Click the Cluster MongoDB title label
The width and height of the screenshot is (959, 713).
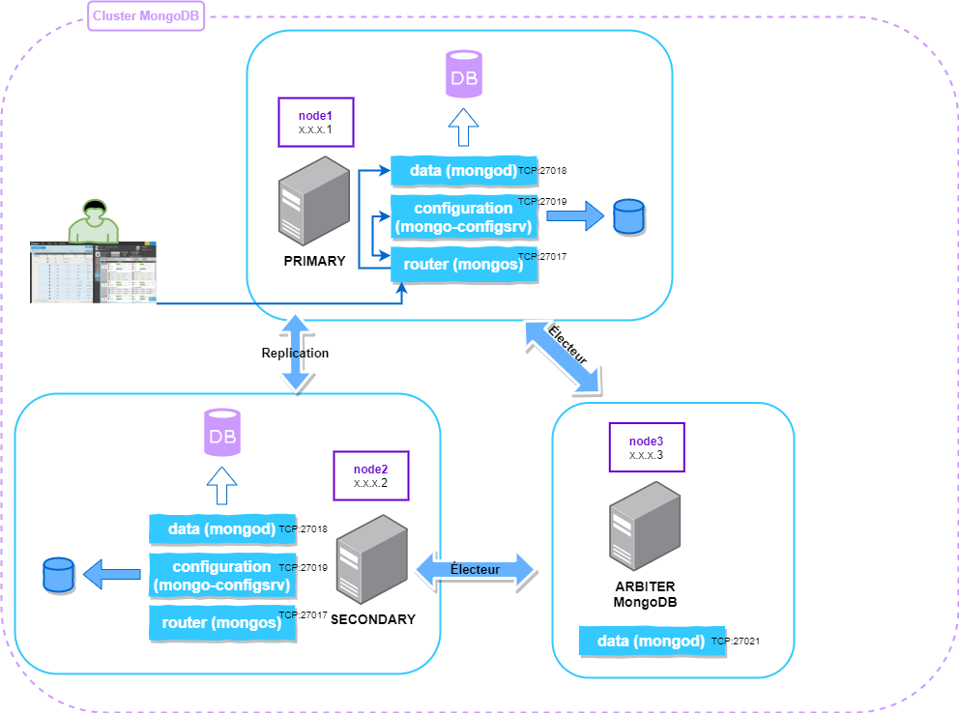146,17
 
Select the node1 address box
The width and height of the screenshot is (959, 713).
315,122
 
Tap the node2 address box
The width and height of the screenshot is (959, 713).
370,475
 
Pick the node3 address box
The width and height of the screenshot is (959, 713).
646,446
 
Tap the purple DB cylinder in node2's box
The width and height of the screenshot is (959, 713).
221,432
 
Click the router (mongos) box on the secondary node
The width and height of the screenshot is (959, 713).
221,622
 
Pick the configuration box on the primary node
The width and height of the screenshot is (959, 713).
464,217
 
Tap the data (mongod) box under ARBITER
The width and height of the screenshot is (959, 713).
652,641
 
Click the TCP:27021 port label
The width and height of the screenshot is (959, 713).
734,641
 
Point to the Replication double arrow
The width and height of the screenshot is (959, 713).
296,353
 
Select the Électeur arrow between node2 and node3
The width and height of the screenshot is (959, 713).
476,570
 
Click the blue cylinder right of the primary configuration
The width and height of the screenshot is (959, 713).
629,217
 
